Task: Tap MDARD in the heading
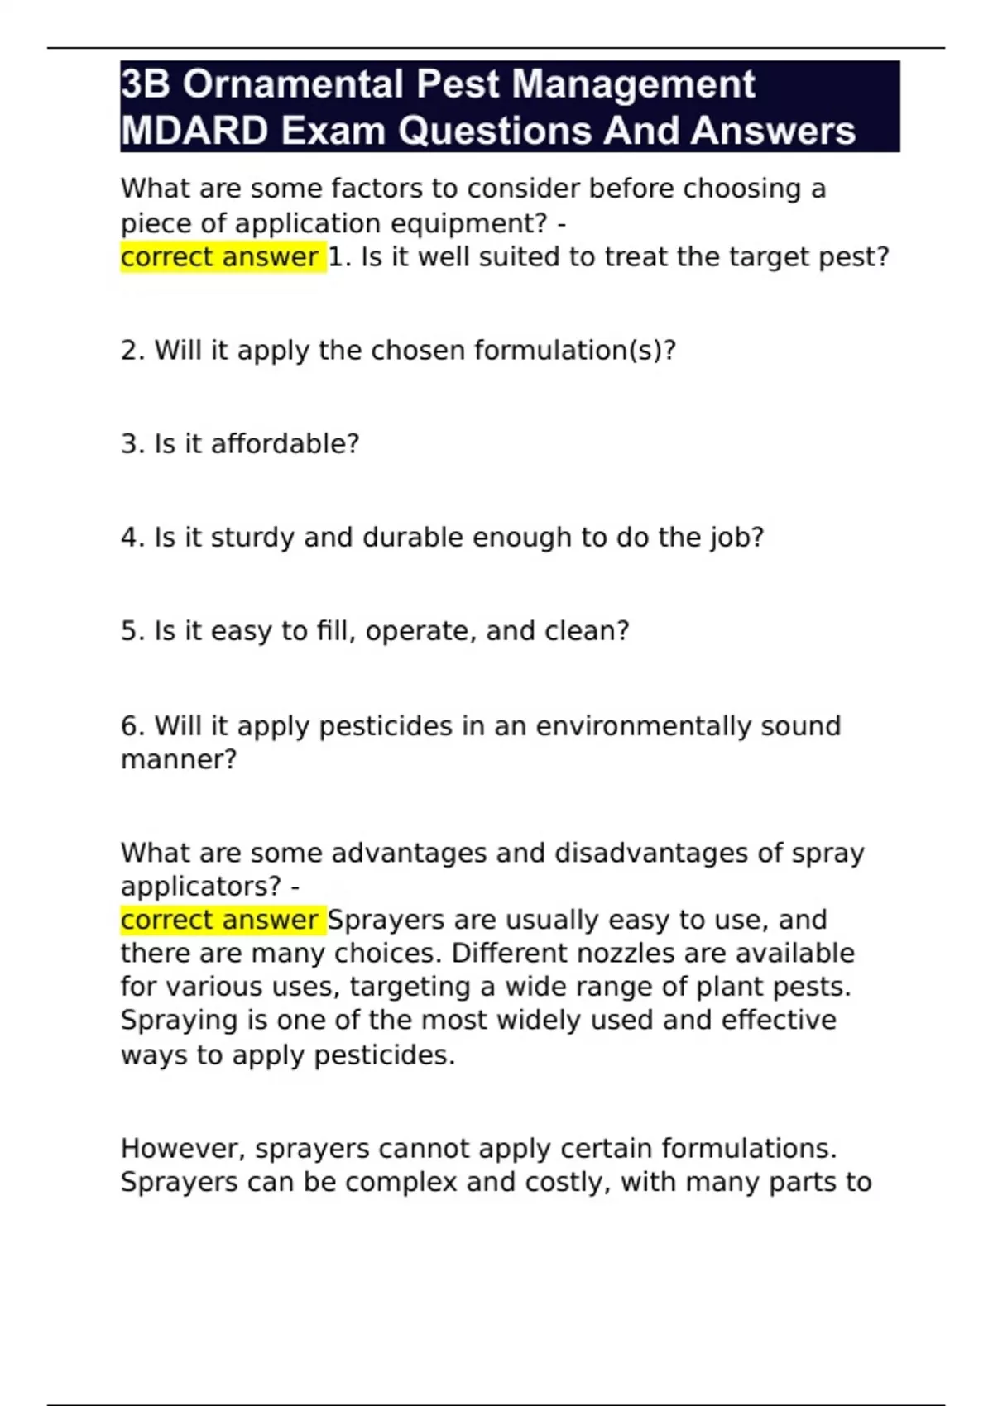[x=194, y=131]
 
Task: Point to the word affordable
[x=285, y=444]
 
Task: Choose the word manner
[x=178, y=759]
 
